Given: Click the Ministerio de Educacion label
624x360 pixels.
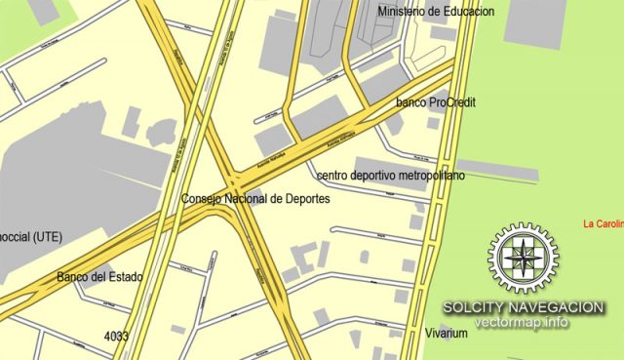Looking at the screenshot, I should pyautogui.click(x=436, y=11).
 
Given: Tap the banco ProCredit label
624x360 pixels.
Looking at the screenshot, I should pyautogui.click(x=436, y=101).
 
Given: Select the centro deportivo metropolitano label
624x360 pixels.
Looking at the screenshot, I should pyautogui.click(x=391, y=176).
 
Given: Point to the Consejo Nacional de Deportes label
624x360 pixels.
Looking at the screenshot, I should pyautogui.click(x=255, y=199).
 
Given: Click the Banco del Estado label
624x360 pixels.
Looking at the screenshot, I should pyautogui.click(x=99, y=277).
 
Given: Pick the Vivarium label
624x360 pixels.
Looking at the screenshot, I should pyautogui.click(x=447, y=334).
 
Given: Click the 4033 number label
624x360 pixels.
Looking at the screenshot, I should pyautogui.click(x=116, y=337).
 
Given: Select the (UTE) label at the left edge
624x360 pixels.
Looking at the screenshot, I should pyautogui.click(x=30, y=236).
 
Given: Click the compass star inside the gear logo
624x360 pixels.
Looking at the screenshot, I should pyautogui.click(x=524, y=258).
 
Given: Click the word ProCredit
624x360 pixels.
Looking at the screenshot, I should pyautogui.click(x=452, y=101).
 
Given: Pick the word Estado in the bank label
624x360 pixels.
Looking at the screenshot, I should pyautogui.click(x=124, y=277).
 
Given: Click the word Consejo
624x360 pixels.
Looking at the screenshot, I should pyautogui.click(x=203, y=199).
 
